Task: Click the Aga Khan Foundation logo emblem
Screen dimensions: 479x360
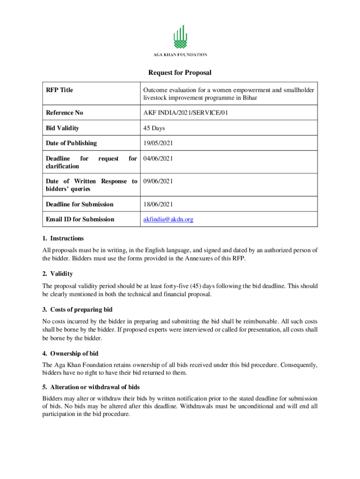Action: pyautogui.click(x=180, y=37)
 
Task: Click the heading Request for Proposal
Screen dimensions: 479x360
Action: pyautogui.click(x=180, y=73)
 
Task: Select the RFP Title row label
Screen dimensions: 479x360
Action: pyautogui.click(x=59, y=90)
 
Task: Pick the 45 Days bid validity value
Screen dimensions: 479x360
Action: pyautogui.click(x=154, y=128)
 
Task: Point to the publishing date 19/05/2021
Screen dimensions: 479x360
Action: pyautogui.click(x=158, y=143)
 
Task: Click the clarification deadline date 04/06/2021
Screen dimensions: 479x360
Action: pyautogui.click(x=158, y=159)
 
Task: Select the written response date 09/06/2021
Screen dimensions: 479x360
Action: pyautogui.click(x=158, y=181)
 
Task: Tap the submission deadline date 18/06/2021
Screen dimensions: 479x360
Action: pyautogui.click(x=158, y=204)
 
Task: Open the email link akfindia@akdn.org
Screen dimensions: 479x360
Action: pyautogui.click(x=168, y=219)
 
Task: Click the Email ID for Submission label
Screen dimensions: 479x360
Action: pyautogui.click(x=80, y=219)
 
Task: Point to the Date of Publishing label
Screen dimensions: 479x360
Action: pyautogui.click(x=71, y=143)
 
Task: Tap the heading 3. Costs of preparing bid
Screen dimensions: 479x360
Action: pyautogui.click(x=77, y=310)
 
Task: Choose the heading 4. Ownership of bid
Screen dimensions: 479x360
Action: pyautogui.click(x=70, y=354)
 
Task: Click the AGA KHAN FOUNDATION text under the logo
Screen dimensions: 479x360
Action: pyautogui.click(x=180, y=55)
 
